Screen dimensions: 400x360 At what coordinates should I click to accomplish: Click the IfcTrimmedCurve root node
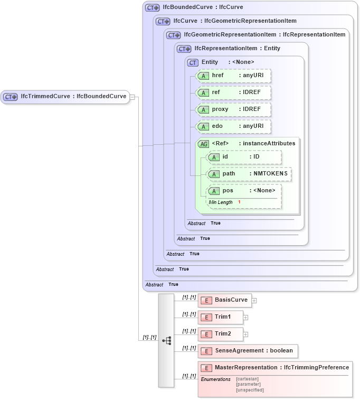click(x=65, y=97)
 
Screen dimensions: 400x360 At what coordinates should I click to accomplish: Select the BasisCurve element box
click(x=225, y=300)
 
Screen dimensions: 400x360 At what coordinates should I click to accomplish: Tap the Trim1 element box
click(x=221, y=317)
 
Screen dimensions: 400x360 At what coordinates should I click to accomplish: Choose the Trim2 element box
click(x=221, y=334)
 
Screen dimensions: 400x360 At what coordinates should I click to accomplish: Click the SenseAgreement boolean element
click(x=248, y=351)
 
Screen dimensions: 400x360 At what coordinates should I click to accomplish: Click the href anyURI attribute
click(x=233, y=76)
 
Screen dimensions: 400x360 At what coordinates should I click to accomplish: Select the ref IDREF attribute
click(x=233, y=92)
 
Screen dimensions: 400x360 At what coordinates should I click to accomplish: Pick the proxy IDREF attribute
click(x=233, y=109)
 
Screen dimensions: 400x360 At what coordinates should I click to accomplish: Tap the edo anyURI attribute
click(x=233, y=126)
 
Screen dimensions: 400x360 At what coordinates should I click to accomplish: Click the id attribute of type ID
click(x=243, y=157)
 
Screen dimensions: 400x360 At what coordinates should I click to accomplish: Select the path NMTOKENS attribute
click(x=248, y=174)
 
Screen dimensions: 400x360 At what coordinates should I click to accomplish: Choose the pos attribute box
click(x=243, y=191)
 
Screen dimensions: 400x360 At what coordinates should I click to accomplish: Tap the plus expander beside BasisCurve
click(x=254, y=301)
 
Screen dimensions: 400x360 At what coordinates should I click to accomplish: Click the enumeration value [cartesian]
click(x=247, y=379)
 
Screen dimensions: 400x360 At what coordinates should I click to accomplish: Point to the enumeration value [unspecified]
click(x=250, y=390)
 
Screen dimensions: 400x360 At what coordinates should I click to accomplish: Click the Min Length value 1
click(x=239, y=202)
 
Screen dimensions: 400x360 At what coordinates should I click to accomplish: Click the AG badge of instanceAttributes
click(x=203, y=143)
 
